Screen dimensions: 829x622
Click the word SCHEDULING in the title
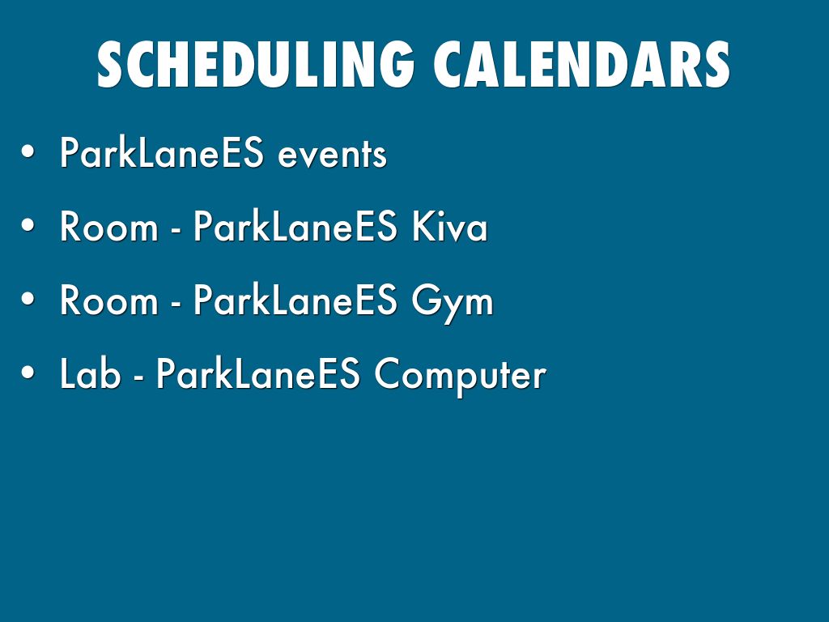pos(255,65)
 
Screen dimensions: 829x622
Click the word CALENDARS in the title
pos(581,65)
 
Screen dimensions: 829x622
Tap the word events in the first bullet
pos(332,155)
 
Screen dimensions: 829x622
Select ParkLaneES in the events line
pos(161,152)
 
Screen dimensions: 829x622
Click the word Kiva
pos(449,226)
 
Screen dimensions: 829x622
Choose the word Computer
pos(460,376)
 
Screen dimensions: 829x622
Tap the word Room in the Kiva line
pos(109,227)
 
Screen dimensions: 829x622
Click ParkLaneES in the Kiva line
pos(295,226)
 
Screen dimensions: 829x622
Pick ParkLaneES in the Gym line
pos(295,300)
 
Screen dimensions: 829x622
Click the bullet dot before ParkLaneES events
pos(28,151)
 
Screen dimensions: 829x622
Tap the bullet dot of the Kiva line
pos(28,225)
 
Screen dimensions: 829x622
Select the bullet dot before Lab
pos(28,372)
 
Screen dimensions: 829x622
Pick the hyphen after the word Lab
pos(138,377)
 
